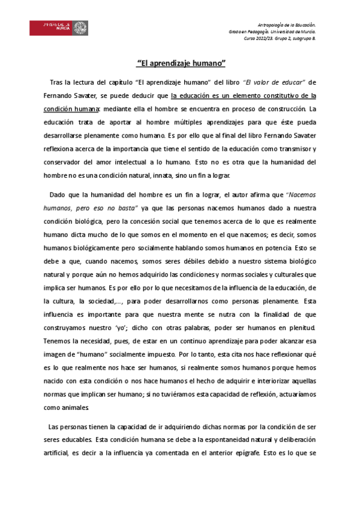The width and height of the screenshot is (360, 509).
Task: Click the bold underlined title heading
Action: (x=181, y=62)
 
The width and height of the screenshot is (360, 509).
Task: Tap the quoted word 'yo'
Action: (x=124, y=328)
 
